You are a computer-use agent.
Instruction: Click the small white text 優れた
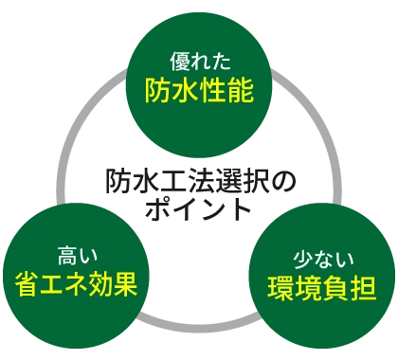coord(198,57)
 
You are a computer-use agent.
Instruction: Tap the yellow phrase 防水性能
coord(199,91)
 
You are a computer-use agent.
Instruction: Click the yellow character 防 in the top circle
coord(159,91)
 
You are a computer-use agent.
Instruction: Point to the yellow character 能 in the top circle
coord(239,91)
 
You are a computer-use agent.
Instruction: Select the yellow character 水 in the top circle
coord(186,91)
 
